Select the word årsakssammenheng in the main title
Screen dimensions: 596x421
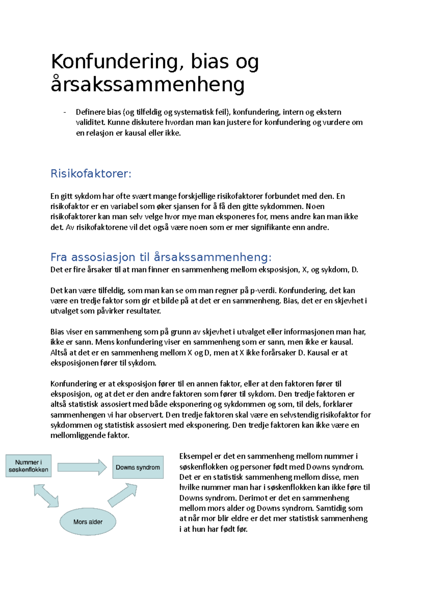147,85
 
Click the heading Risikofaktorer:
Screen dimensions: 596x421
91,173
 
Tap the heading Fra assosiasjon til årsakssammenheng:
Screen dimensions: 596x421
161,257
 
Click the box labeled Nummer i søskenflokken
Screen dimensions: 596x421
28,466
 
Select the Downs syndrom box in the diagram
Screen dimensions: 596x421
138,467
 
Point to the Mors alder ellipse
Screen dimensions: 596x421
88,522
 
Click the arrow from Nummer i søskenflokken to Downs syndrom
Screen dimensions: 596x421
82,467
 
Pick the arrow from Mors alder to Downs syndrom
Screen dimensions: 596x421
122,495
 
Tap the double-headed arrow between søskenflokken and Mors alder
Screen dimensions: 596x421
46,496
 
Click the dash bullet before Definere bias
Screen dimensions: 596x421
65,112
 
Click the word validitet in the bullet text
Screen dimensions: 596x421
91,122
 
